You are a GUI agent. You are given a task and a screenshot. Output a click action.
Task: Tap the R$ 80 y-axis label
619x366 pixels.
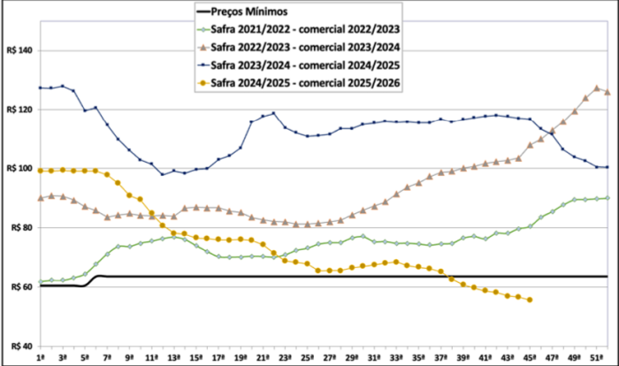[x=19, y=228]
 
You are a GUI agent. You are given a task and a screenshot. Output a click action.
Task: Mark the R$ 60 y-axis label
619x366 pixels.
[x=19, y=286]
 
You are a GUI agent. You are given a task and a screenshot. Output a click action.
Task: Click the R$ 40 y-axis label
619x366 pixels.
[x=19, y=346]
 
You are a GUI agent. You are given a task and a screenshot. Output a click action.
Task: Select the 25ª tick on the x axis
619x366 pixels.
[x=307, y=356]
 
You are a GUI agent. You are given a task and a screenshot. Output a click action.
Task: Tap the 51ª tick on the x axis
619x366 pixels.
[x=594, y=356]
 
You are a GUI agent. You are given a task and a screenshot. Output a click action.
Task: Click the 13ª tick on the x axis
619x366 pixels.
[x=174, y=356]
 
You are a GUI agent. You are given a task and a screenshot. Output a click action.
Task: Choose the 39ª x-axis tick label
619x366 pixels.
[x=462, y=356]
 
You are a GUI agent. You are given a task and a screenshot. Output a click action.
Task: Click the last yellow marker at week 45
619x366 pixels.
[x=529, y=300]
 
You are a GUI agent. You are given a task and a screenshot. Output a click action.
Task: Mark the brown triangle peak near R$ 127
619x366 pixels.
[x=596, y=88]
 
